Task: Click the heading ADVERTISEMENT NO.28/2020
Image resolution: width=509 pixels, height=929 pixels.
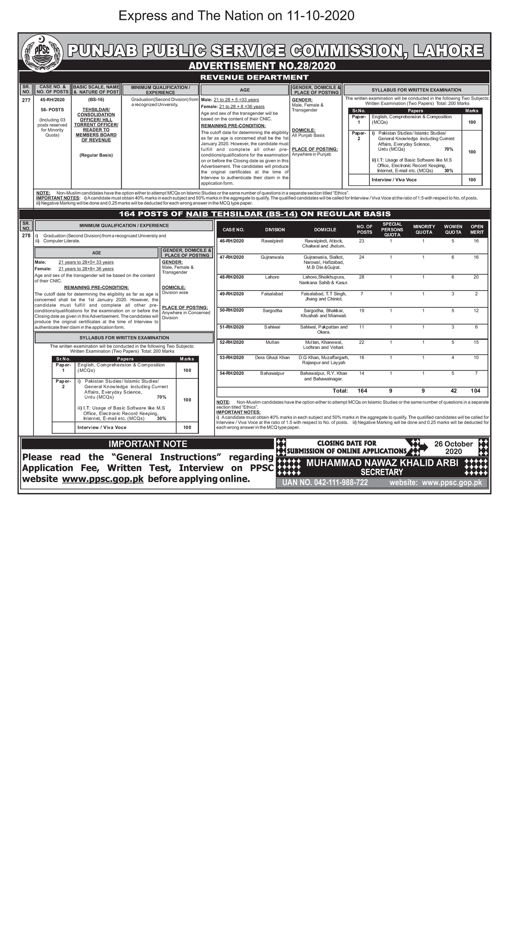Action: coord(262,66)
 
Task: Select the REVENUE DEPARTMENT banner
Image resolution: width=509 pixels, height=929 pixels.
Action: coord(254,77)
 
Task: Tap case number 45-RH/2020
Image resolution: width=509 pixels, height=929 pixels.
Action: coord(52,100)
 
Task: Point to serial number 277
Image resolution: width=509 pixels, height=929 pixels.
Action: coord(26,100)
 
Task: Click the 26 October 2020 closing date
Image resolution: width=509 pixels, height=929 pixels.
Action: coord(453,448)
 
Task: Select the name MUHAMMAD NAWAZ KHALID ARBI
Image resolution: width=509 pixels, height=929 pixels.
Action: coord(382,463)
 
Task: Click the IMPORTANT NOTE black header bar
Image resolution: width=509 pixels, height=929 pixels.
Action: coord(148,444)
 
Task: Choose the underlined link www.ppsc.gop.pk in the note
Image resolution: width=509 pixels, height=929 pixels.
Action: coord(103,479)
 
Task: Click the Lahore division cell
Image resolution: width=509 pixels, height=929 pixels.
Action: coord(272,277)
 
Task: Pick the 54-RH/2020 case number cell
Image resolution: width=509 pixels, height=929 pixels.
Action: coord(232,373)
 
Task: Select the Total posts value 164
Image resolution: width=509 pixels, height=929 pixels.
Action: coord(362,391)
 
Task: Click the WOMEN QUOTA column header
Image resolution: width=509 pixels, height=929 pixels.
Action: coord(453,229)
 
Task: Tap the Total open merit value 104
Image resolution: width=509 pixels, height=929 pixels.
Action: coord(475,391)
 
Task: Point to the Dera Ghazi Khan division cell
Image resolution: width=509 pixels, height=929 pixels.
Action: coord(272,357)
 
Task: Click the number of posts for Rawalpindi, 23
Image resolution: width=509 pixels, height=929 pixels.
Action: coord(361,241)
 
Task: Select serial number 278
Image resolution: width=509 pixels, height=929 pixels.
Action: coord(26,235)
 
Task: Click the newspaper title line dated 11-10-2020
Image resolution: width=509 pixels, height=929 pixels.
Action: coord(236,16)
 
